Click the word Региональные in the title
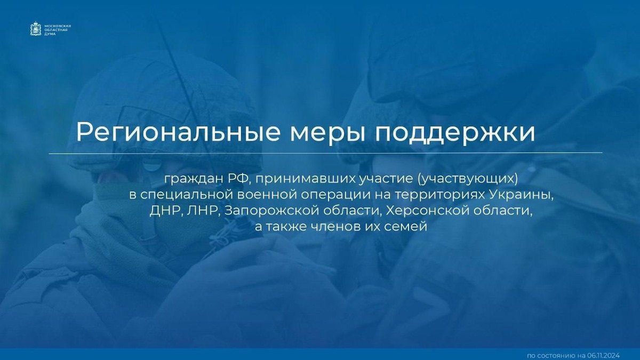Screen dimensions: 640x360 pyautogui.click(x=178, y=132)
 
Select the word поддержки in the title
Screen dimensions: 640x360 pyautogui.click(x=455, y=134)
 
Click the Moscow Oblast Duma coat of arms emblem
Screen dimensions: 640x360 pyautogui.click(x=36, y=29)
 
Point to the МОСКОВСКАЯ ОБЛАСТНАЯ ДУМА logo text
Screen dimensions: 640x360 pyautogui.click(x=58, y=30)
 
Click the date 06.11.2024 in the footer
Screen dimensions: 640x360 pyautogui.click(x=603, y=355)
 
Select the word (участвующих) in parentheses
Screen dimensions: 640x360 pyautogui.click(x=467, y=180)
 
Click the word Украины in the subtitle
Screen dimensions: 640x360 pyautogui.click(x=521, y=195)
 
